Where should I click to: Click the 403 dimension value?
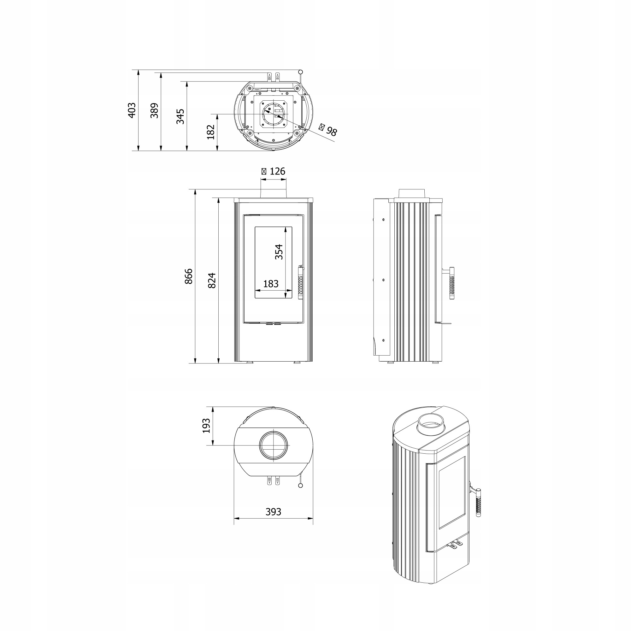click(132, 110)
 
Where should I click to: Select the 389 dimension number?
click(154, 110)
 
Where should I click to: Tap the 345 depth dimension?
click(180, 117)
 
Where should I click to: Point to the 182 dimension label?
click(211, 132)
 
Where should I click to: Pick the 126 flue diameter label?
click(273, 171)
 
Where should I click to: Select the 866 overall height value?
click(189, 276)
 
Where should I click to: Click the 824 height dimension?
click(212, 280)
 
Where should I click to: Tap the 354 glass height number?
click(279, 252)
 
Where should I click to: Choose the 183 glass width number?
click(271, 284)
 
